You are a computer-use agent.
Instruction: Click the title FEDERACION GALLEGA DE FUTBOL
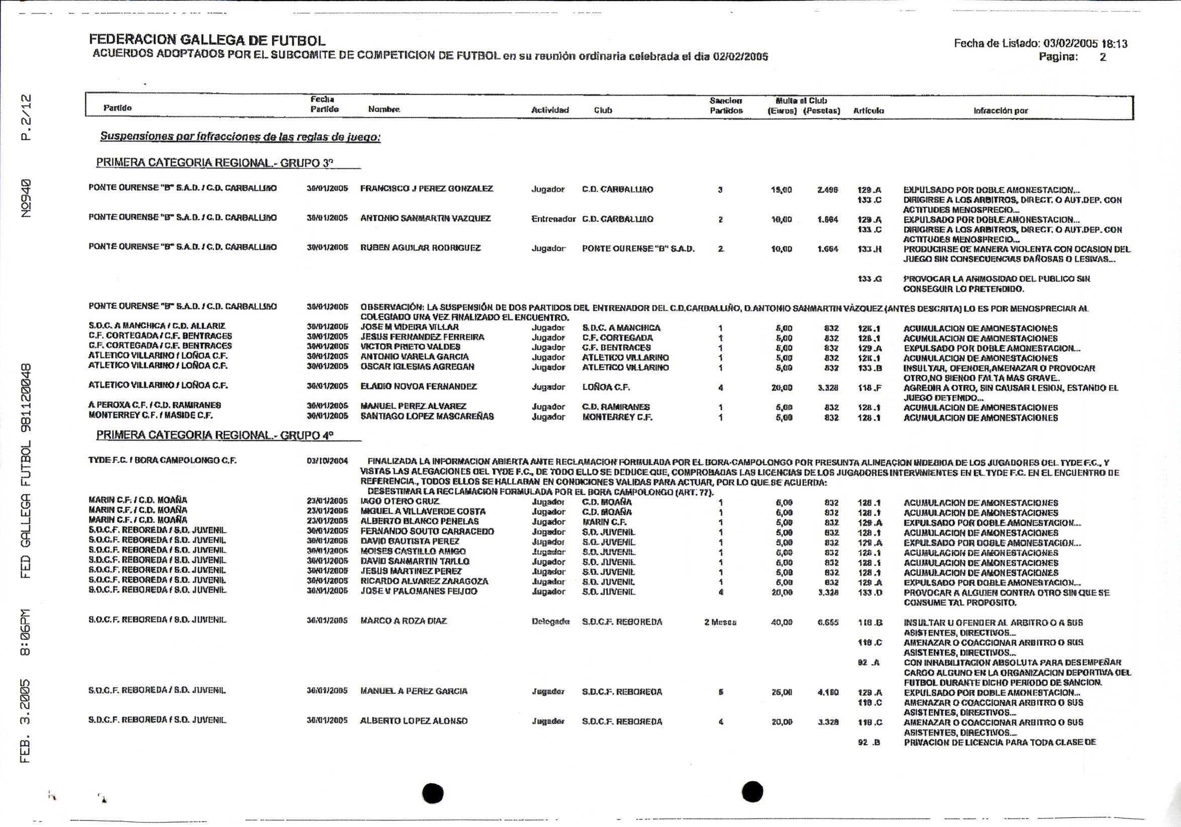[207, 40]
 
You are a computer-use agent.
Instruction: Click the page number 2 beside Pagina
[1103, 57]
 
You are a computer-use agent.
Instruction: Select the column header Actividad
[550, 110]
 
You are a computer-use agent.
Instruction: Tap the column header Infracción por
[1000, 111]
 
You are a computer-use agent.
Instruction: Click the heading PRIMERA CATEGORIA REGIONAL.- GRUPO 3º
[214, 163]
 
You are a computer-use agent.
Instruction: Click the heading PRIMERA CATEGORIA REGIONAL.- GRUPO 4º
[214, 435]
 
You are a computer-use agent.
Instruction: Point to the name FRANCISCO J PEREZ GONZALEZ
[427, 189]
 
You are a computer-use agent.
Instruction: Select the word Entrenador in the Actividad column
[553, 219]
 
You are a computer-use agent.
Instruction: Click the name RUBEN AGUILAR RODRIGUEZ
[420, 248]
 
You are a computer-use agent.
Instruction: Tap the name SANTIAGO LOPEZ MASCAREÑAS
[427, 417]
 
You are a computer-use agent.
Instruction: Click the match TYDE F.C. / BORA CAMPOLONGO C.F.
[162, 460]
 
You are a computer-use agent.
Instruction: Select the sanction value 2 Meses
[720, 622]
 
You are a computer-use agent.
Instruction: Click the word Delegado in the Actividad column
[550, 622]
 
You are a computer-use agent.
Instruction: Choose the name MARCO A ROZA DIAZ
[403, 621]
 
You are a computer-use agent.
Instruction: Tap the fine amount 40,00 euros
[782, 622]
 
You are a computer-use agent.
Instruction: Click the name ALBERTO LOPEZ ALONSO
[413, 721]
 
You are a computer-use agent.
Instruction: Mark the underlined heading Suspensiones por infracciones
[240, 137]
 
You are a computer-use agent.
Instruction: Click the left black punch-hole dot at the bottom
[433, 793]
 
